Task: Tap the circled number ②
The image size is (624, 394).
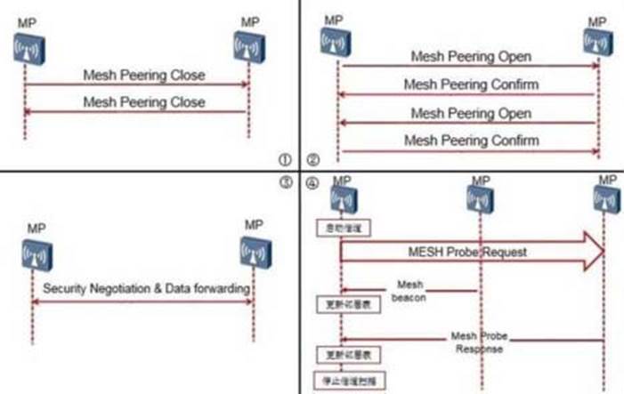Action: [312, 161]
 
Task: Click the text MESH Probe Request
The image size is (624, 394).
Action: [468, 252]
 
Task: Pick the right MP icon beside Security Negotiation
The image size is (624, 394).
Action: [252, 254]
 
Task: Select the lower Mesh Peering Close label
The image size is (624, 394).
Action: [143, 101]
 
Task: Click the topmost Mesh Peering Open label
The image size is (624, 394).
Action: [471, 56]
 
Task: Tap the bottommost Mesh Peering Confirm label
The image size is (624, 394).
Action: [470, 141]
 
